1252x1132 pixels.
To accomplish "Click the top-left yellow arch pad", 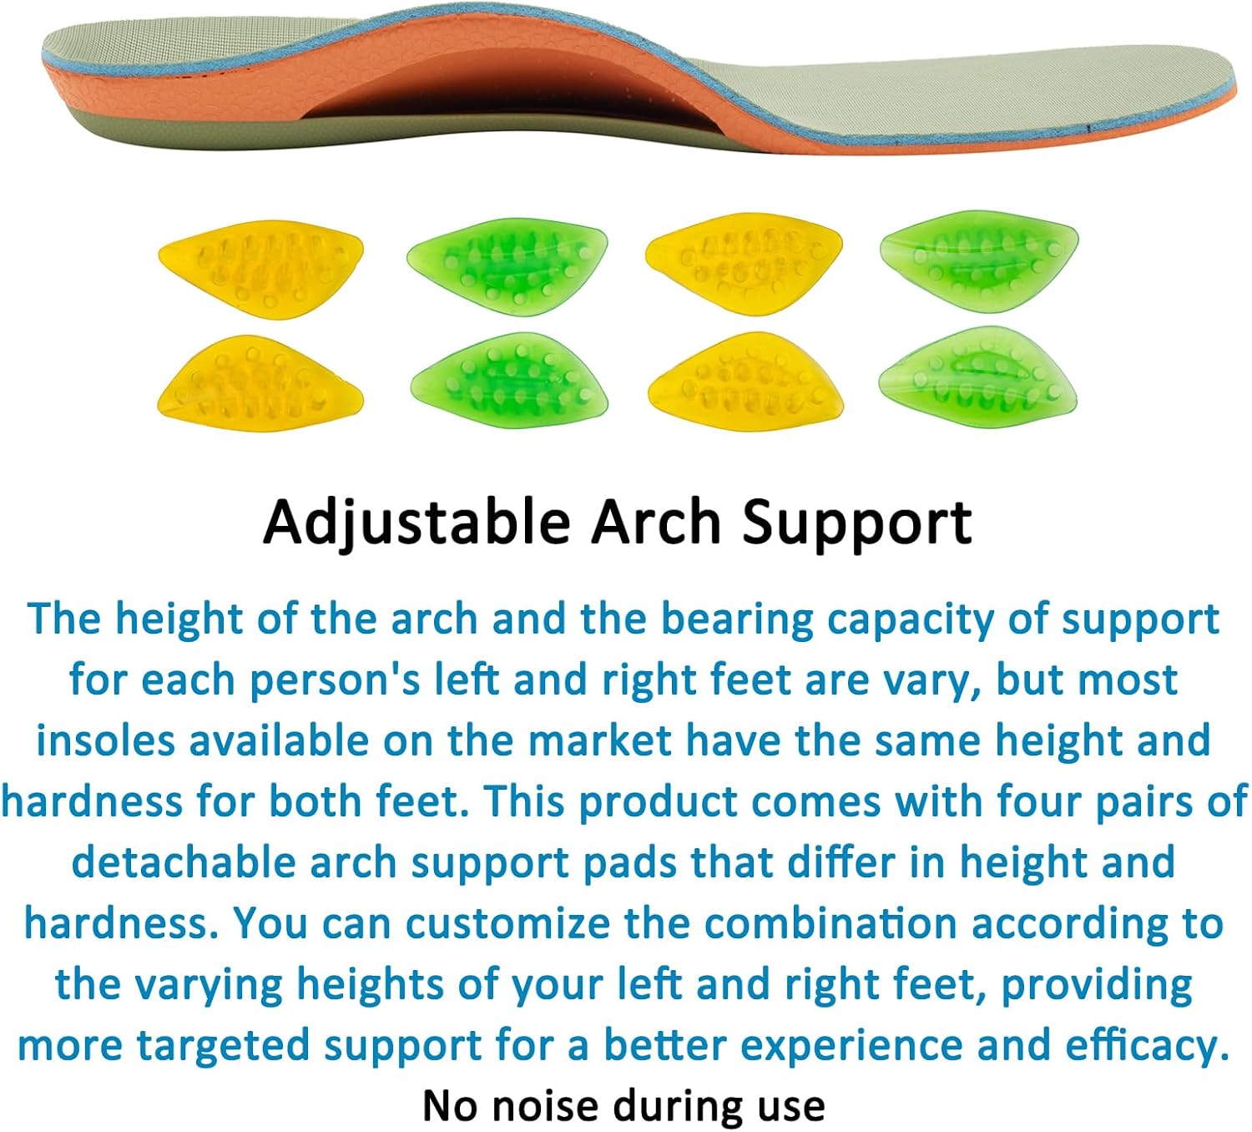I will point(261,266).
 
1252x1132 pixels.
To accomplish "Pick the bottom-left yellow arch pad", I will point(260,383).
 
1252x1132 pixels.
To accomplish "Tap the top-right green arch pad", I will point(979,260).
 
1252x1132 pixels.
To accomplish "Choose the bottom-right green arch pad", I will point(977,377).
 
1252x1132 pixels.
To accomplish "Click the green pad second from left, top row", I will point(507,265).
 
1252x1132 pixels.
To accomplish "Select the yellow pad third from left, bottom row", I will point(745,381).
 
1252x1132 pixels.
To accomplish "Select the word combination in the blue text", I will point(830,923).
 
